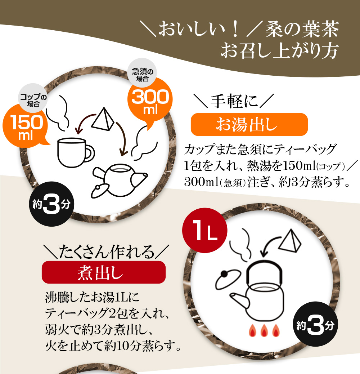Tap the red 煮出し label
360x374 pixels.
point(104,272)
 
